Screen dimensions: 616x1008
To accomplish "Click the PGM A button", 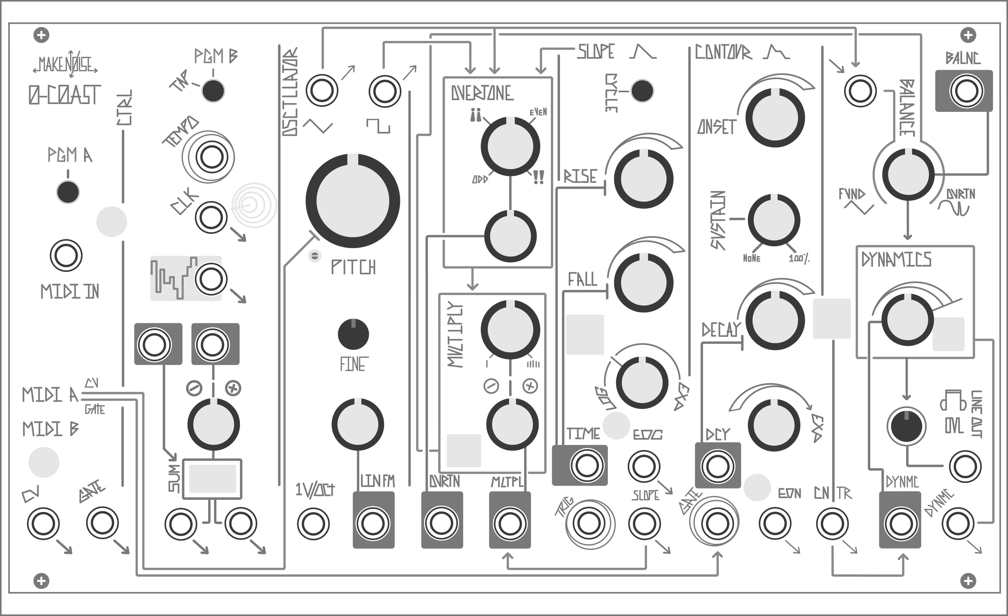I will [x=68, y=192].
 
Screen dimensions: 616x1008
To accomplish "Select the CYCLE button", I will [x=642, y=91].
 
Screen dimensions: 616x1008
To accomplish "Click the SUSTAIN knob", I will [x=773, y=220].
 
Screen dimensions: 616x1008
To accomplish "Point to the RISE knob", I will [x=643, y=179].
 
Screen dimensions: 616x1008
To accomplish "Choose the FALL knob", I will [x=643, y=282].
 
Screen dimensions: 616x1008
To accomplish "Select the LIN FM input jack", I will [x=373, y=523].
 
